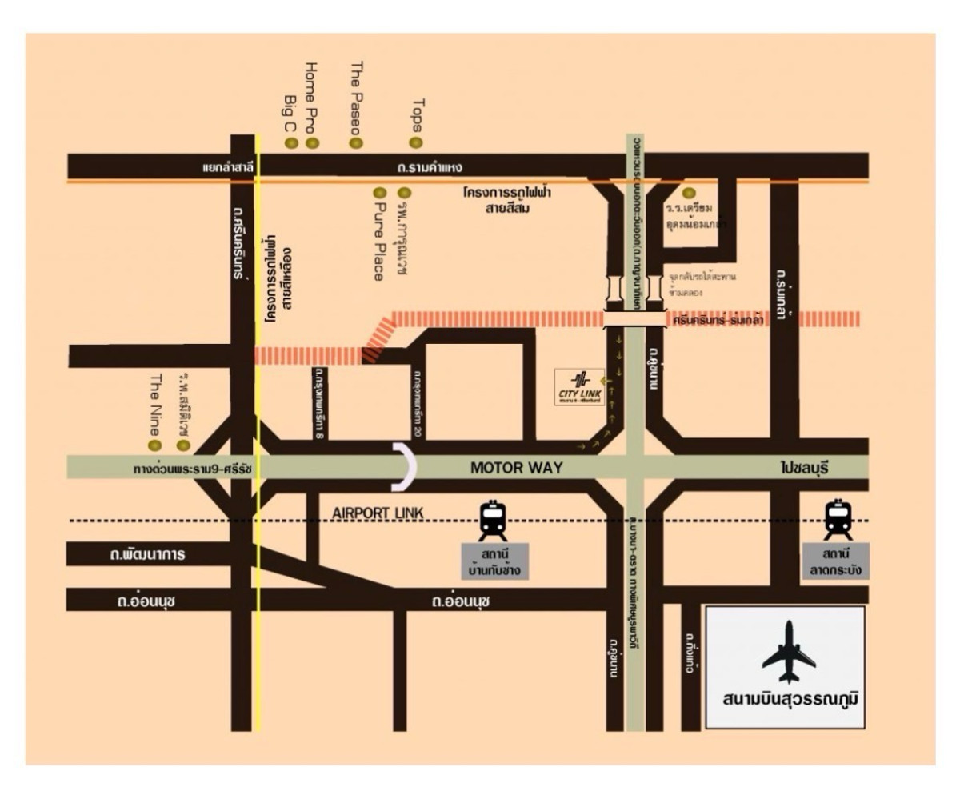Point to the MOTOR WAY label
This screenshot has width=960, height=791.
tap(516, 468)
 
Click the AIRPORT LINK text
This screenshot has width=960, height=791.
tap(371, 513)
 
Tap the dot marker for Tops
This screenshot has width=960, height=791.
tap(415, 142)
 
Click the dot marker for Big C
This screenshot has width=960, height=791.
tap(291, 143)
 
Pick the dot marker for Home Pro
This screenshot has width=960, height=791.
tap(312, 143)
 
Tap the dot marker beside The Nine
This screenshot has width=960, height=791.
tap(155, 445)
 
